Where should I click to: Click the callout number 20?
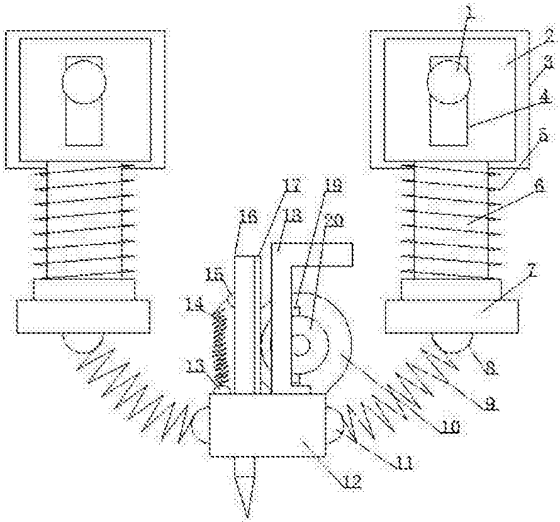[335, 221]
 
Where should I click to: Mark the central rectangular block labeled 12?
[267, 425]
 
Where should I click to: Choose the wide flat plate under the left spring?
[84, 315]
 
